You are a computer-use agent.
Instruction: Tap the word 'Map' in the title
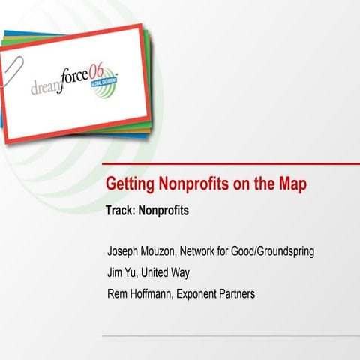click(x=292, y=185)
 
